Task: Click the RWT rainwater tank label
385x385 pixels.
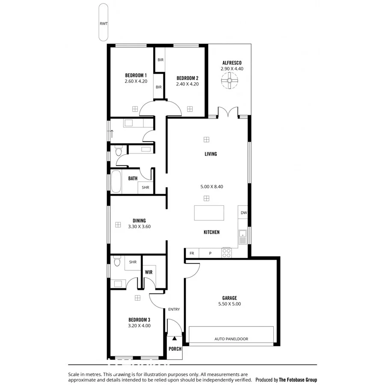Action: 103,24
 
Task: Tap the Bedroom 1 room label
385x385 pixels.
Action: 136,75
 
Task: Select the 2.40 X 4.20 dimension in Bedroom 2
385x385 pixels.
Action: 187,84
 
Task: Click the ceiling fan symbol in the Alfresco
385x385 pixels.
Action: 230,80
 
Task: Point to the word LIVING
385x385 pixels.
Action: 210,154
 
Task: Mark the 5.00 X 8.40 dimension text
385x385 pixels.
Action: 212,187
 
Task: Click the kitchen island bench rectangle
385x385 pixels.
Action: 209,213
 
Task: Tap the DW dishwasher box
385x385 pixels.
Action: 243,213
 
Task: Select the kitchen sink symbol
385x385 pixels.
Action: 243,237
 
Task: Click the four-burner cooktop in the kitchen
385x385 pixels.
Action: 226,253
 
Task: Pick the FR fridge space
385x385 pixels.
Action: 192,253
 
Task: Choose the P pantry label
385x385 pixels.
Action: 210,253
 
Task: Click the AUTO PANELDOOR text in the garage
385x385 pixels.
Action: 231,339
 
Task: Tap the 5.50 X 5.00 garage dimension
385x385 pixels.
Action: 229,304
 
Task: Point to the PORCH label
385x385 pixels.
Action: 175,349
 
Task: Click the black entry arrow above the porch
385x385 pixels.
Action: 175,326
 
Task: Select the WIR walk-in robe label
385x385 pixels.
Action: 148,272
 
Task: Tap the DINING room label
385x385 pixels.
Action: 139,221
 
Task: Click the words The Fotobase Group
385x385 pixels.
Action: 298,379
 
